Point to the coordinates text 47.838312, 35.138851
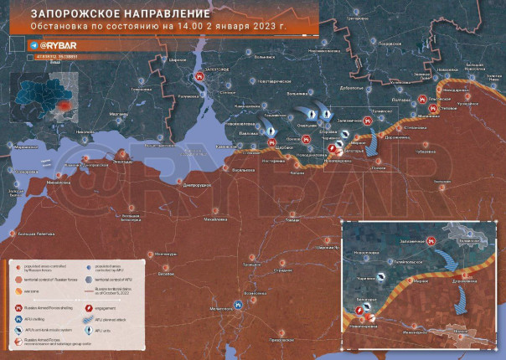[54, 56]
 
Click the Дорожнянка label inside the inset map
[465, 281]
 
